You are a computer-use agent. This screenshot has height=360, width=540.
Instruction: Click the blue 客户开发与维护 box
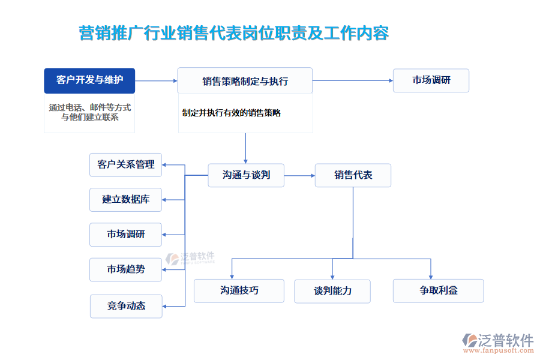(x=89, y=80)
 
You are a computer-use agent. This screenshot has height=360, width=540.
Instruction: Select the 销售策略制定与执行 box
(x=245, y=80)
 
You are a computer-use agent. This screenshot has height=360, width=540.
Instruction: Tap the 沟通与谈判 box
(x=246, y=175)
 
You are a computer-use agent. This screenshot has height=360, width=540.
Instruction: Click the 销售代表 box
(x=353, y=175)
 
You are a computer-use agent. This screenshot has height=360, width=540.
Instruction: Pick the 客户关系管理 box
(x=126, y=164)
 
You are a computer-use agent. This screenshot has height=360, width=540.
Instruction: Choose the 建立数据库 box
(x=126, y=200)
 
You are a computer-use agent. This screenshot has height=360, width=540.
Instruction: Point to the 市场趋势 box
(x=126, y=269)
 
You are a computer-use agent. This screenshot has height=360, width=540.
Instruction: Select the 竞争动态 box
(x=126, y=305)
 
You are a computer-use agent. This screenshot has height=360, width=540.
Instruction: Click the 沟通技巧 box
(x=239, y=291)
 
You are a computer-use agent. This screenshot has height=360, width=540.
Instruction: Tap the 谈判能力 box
(x=332, y=291)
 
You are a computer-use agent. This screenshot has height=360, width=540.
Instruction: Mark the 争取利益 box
(x=438, y=290)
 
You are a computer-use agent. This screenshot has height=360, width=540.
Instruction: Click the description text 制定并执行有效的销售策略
(x=232, y=112)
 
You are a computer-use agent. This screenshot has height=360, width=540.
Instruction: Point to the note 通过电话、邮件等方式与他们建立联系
(x=89, y=112)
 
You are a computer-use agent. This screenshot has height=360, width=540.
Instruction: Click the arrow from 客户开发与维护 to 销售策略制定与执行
(x=156, y=80)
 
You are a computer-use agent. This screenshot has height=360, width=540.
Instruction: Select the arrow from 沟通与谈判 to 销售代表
(x=299, y=175)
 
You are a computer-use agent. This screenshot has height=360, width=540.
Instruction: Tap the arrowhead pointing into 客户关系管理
(x=166, y=164)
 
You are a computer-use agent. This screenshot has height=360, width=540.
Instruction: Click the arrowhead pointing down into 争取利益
(x=431, y=274)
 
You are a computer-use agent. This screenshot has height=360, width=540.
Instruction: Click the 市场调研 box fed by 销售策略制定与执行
(x=431, y=80)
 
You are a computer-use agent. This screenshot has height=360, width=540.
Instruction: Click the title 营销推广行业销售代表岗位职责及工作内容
(x=234, y=33)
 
